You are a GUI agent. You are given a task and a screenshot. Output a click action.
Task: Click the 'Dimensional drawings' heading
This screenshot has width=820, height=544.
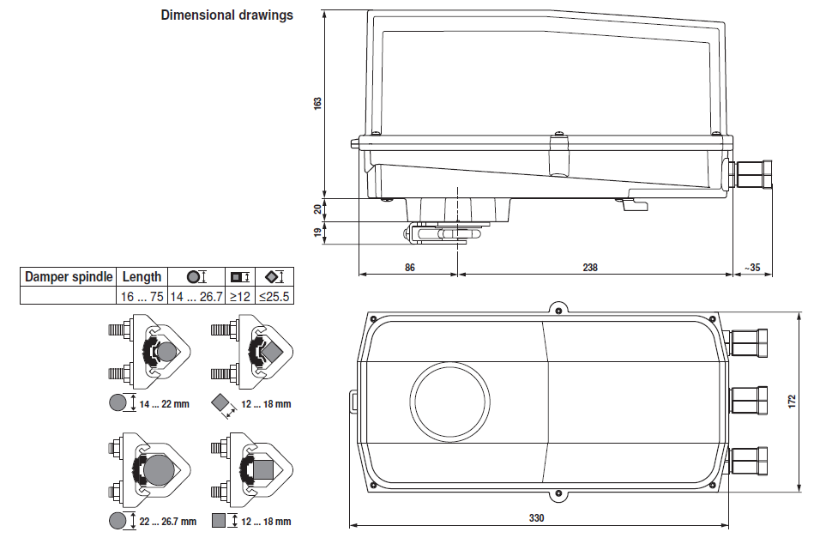point(226,15)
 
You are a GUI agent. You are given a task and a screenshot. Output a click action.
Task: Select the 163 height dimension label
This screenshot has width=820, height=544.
point(317,103)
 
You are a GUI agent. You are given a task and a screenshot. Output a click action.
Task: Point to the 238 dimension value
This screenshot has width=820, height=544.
point(590,268)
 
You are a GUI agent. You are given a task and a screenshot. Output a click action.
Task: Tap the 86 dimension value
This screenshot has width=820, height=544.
point(409,268)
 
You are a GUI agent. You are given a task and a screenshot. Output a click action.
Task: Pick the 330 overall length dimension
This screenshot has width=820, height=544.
point(536,518)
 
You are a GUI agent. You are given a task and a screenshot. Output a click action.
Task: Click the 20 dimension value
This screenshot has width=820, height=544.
point(317,209)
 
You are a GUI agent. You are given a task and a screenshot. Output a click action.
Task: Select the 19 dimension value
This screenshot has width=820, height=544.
point(317,232)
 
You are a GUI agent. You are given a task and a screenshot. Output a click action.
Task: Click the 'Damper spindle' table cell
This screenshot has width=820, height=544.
point(69,276)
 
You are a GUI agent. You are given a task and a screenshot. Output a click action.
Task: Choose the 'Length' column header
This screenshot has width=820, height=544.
point(142,276)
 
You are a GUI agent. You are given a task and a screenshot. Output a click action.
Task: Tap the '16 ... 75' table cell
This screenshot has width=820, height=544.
point(142,296)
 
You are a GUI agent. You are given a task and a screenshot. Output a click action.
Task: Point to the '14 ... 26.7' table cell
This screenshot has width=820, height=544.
point(196,296)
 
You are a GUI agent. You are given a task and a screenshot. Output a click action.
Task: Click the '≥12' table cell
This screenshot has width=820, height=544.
point(238,296)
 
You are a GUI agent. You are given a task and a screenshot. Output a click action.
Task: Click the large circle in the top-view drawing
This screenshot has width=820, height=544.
point(450,401)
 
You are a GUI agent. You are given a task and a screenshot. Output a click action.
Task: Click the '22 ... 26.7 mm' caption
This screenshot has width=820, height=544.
point(167,521)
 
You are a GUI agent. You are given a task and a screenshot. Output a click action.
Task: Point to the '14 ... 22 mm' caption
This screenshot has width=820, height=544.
point(164,403)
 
